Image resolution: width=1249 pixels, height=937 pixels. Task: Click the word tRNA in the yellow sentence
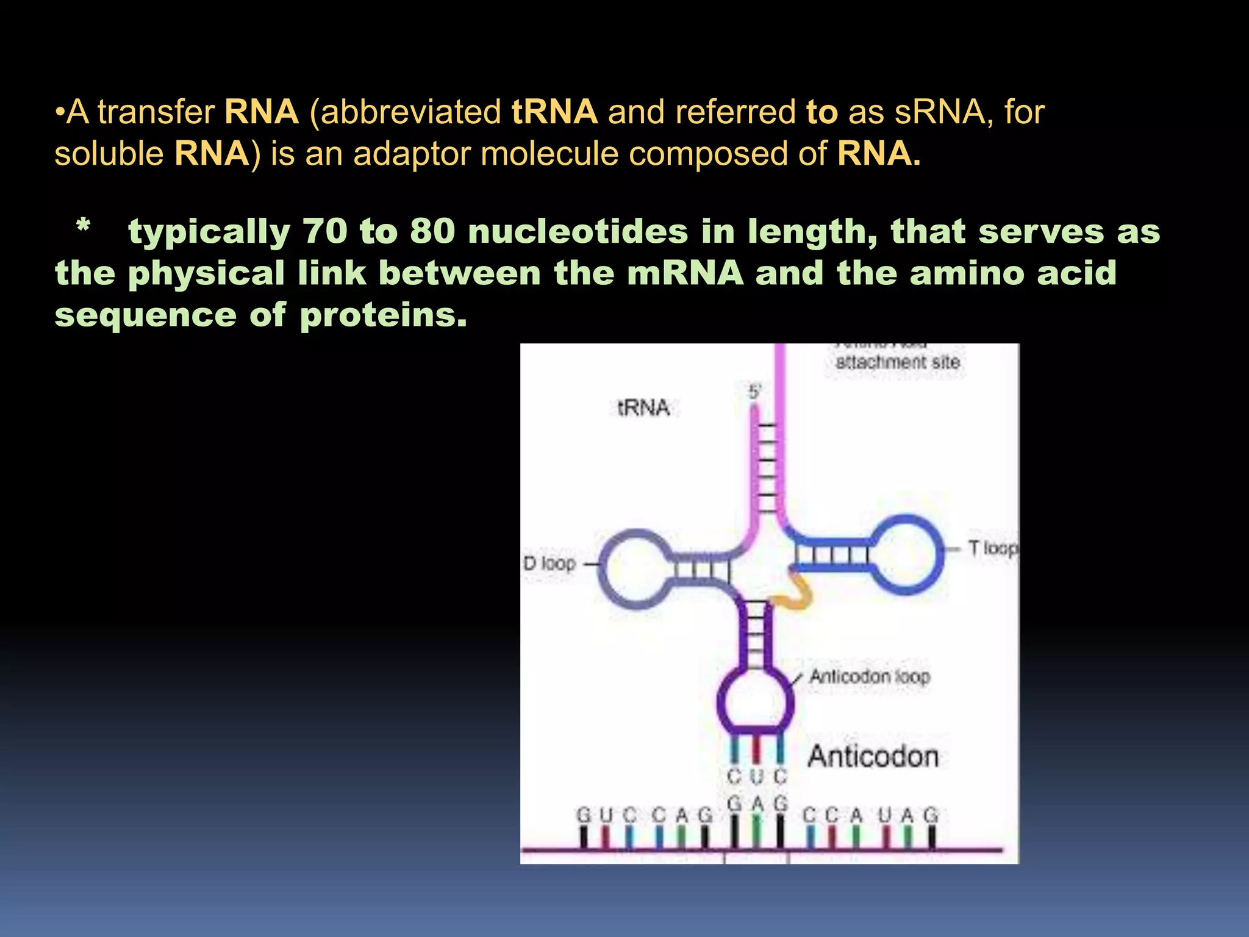point(554,112)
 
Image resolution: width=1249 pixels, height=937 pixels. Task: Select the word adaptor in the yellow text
point(412,154)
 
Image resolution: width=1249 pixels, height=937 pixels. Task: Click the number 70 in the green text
point(325,232)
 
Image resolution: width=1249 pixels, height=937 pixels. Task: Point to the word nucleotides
point(578,232)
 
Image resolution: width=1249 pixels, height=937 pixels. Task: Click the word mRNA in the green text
point(685,273)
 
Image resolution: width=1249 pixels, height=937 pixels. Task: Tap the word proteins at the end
point(383,315)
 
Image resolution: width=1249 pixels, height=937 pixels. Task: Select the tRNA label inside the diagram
point(643,407)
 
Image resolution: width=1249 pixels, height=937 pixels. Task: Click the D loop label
point(549,563)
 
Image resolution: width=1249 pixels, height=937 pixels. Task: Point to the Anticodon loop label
point(869,677)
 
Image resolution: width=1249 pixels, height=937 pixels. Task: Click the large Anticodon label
point(873,757)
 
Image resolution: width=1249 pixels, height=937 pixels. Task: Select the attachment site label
point(897,362)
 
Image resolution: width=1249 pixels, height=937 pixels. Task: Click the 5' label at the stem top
point(755,392)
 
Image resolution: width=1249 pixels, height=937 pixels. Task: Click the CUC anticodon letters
point(757,777)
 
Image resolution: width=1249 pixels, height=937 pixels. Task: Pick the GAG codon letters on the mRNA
point(757,803)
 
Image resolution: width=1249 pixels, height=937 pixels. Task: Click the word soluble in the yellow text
point(109,154)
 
